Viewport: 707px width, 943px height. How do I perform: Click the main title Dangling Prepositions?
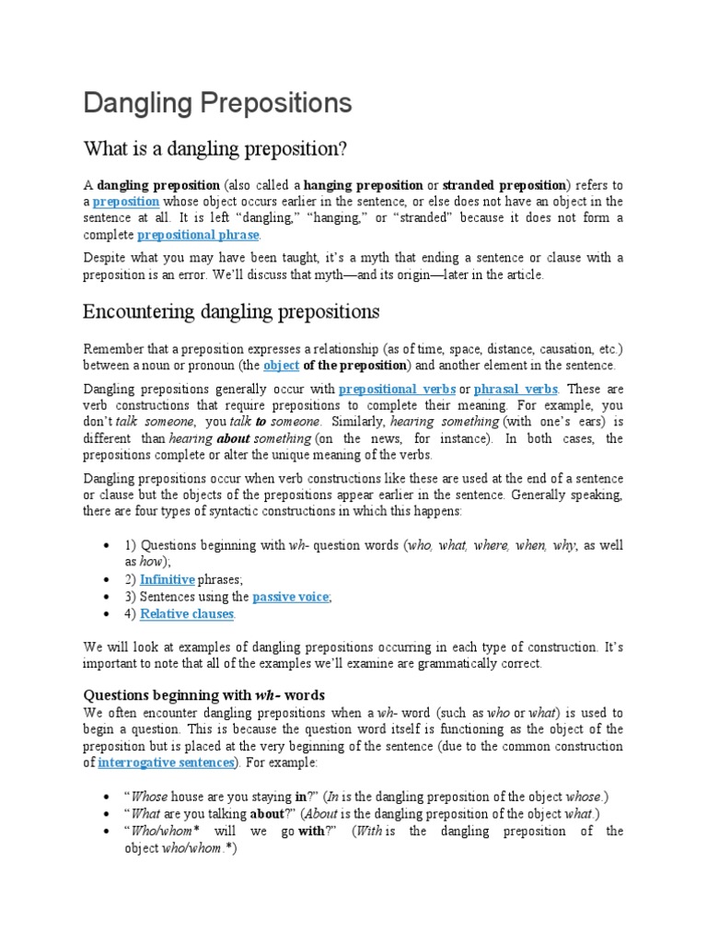(x=217, y=102)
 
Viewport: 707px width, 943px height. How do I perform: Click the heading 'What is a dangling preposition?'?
(x=217, y=148)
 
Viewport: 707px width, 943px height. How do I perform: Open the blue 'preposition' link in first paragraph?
(x=126, y=201)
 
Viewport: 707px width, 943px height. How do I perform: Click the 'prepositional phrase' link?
(x=198, y=235)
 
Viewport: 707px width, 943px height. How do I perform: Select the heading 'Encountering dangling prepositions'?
(x=231, y=310)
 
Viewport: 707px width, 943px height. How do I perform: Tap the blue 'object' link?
(x=282, y=366)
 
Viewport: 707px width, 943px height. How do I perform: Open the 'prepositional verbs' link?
(x=398, y=390)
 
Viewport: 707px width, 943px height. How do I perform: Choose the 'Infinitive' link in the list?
(x=167, y=579)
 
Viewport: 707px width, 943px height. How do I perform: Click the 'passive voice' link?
(x=291, y=597)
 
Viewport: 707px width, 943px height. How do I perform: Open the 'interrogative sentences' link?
(x=168, y=763)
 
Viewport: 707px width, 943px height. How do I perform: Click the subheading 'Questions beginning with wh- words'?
(x=204, y=694)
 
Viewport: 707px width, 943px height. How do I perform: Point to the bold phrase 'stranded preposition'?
(x=508, y=184)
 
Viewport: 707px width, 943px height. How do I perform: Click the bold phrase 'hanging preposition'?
(x=364, y=184)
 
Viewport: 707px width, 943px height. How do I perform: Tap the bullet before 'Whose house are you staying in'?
(x=110, y=797)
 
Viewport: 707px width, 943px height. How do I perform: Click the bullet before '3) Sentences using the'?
(x=110, y=597)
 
